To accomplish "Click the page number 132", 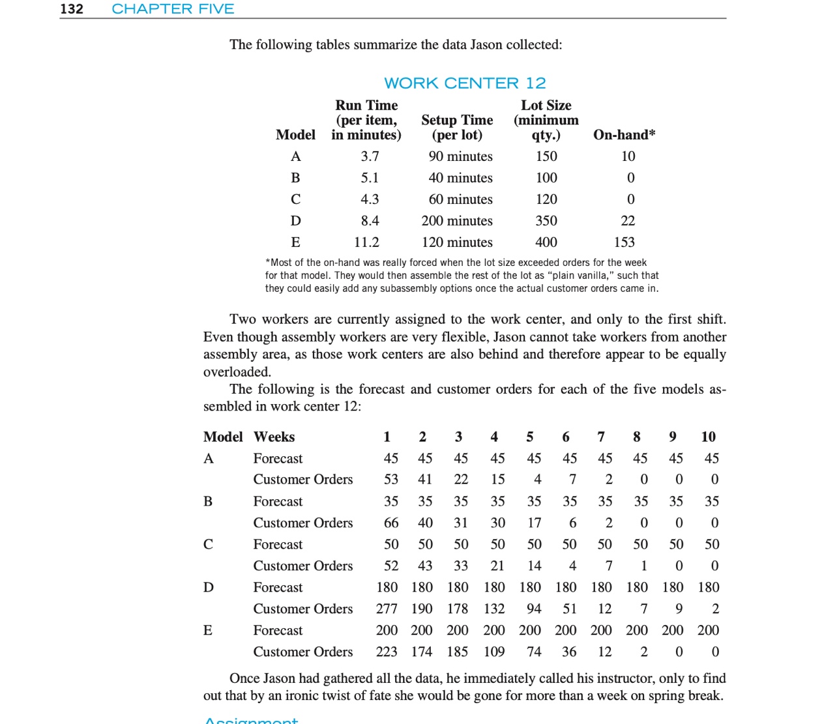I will point(72,9).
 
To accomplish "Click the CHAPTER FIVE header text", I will point(173,9).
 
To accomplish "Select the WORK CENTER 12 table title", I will point(465,83).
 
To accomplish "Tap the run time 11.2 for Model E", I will point(366,242).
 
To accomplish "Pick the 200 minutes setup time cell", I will point(457,221).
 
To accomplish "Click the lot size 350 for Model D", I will point(546,221).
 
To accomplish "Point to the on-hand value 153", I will point(624,242).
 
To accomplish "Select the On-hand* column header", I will point(624,135).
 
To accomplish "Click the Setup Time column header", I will point(457,127).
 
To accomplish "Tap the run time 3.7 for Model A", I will point(370,156).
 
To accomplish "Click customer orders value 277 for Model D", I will point(387,609).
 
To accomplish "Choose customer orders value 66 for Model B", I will point(391,523).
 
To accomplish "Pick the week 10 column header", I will point(708,437).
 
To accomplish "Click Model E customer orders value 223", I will point(387,652).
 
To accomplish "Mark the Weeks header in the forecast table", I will point(274,437).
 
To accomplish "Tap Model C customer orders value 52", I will point(391,566).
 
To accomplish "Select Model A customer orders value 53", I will point(391,480).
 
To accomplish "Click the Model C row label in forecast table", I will point(208,544).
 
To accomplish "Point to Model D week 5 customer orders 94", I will point(534,609).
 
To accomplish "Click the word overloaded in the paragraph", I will point(237,372).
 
